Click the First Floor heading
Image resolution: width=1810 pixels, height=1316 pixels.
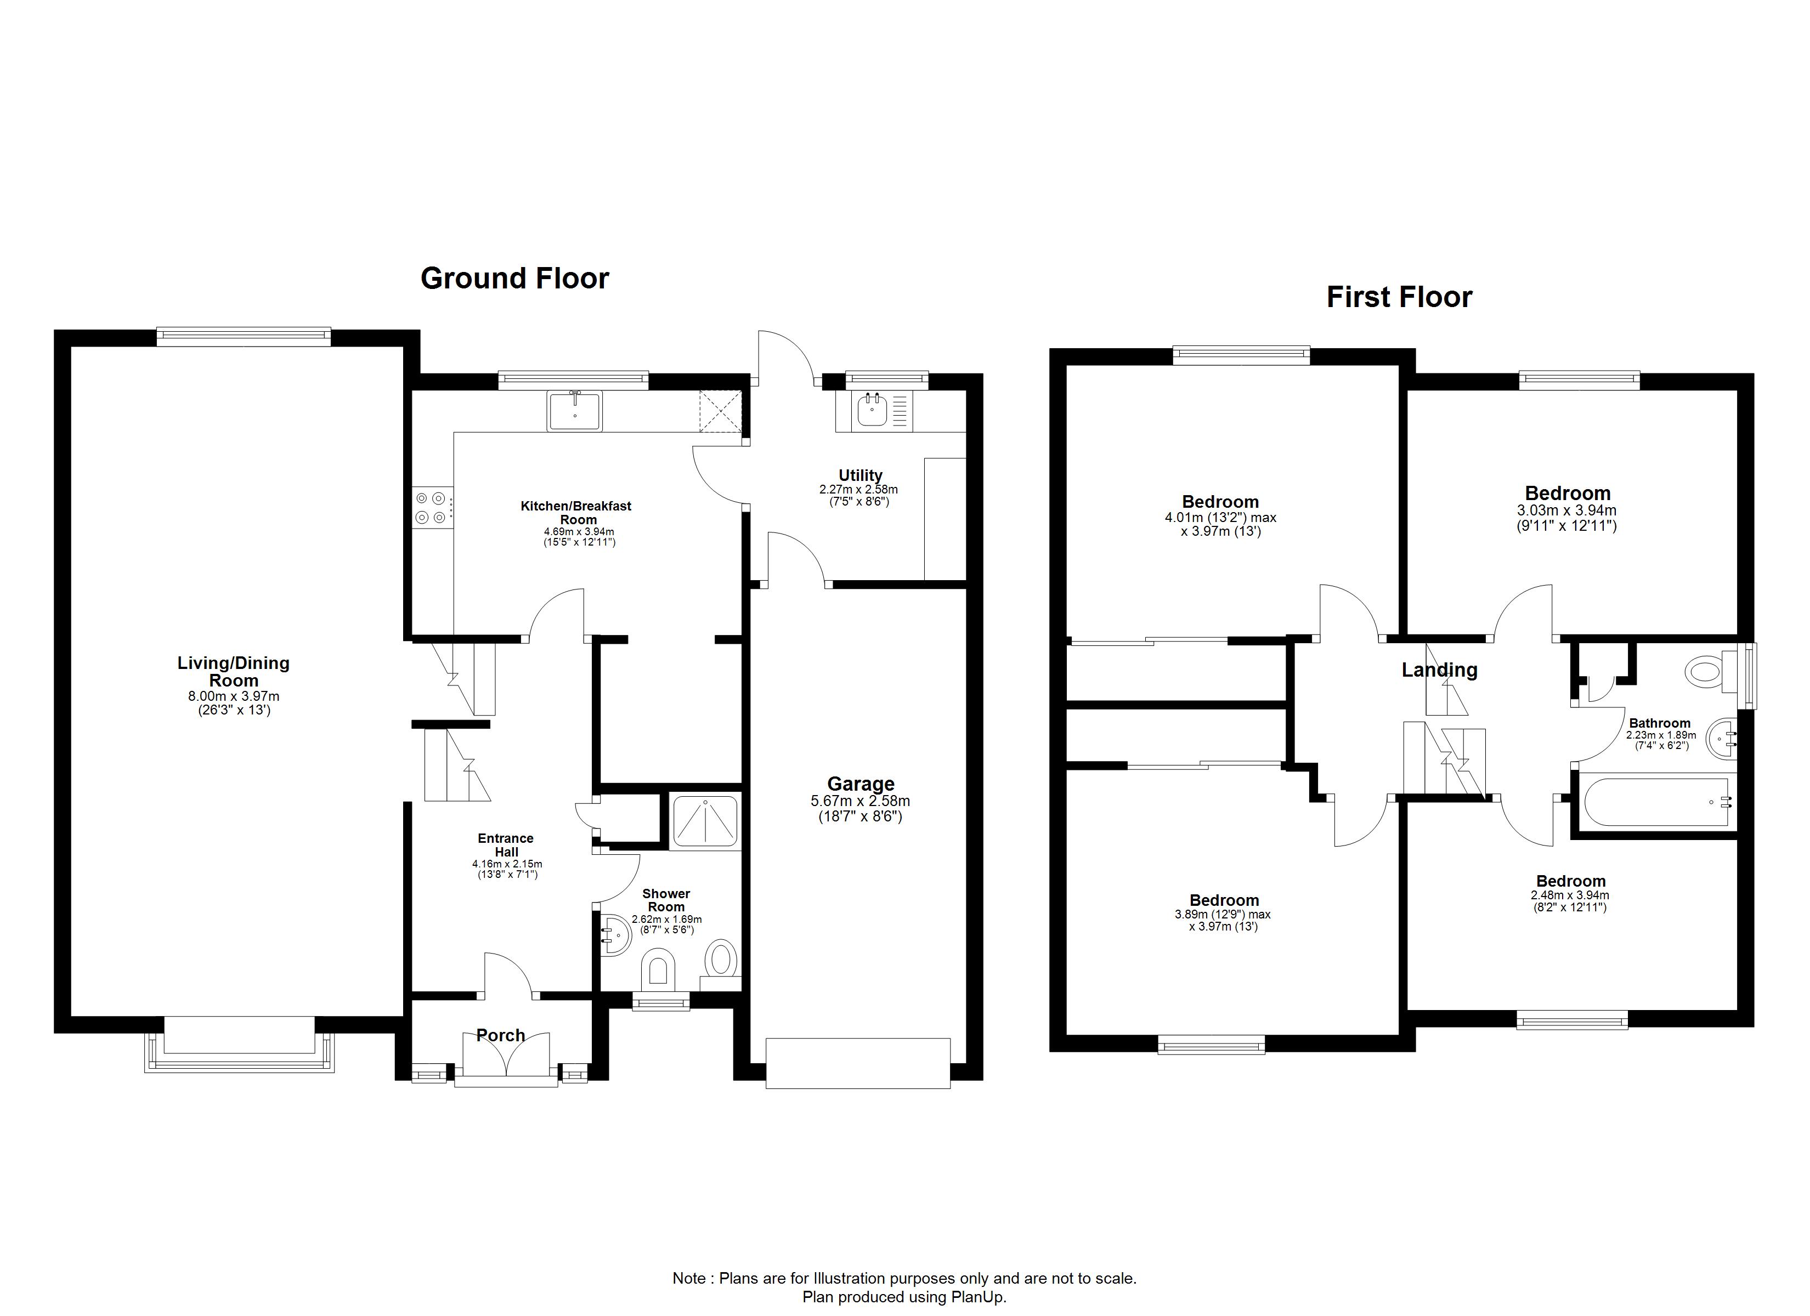click(1399, 297)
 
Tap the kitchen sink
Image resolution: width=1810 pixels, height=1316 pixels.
click(575, 411)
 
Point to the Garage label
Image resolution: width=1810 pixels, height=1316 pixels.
click(861, 784)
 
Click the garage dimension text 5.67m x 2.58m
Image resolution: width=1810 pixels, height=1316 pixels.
click(861, 801)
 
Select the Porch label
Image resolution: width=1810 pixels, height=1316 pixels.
click(500, 1035)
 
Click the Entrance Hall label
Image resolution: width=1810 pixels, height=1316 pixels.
click(506, 845)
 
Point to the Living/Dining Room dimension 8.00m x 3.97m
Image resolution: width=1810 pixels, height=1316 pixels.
click(234, 697)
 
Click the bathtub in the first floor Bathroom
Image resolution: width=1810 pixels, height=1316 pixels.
click(1656, 803)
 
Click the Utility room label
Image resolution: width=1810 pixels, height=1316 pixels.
click(861, 475)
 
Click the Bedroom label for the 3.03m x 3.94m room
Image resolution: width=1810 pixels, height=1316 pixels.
click(1568, 493)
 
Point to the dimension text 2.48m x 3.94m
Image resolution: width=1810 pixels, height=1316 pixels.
click(1570, 895)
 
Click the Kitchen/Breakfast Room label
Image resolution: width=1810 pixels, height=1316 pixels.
click(576, 512)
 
